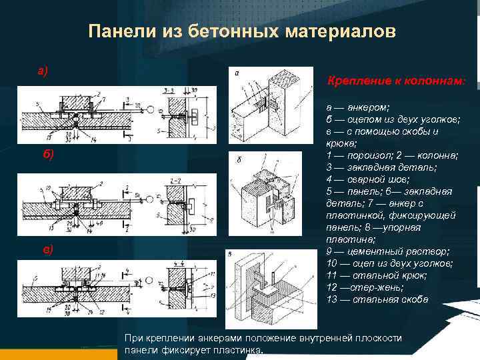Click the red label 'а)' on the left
[42, 71]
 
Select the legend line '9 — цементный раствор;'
[387, 251]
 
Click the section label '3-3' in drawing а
[169, 89]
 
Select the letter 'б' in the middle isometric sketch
[238, 161]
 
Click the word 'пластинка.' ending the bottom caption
[240, 350]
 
